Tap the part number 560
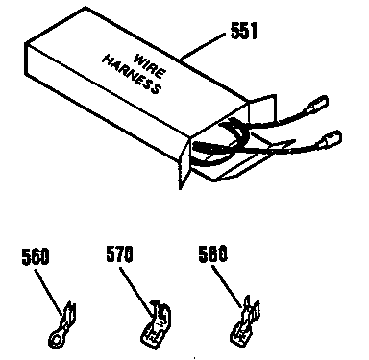click(x=35, y=257)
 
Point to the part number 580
click(x=210, y=257)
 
